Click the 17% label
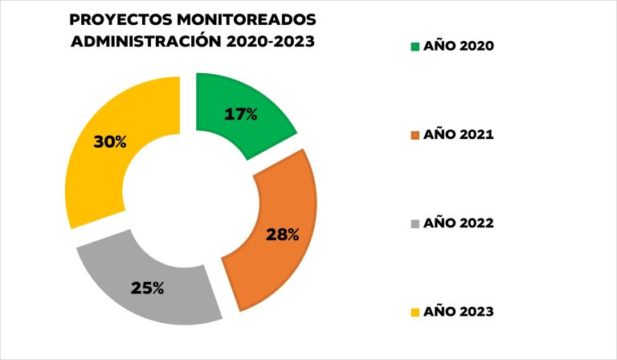241,114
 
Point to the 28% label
283,235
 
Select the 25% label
148,287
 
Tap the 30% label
110,142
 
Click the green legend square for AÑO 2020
415,47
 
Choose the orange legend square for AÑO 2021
415,135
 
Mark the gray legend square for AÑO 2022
415,223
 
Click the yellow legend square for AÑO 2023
415,312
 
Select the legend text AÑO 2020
459,47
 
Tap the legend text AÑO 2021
459,135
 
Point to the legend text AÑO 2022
459,223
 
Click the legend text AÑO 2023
459,312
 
